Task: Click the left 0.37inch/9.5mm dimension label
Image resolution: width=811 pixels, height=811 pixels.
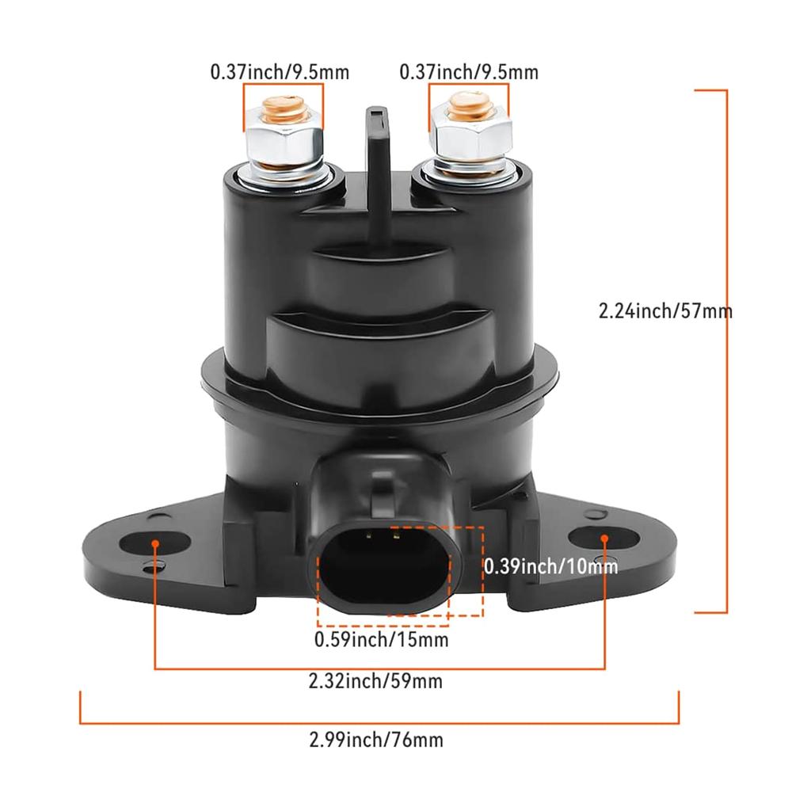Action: (279, 73)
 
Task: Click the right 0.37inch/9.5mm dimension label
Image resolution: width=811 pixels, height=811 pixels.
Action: (468, 73)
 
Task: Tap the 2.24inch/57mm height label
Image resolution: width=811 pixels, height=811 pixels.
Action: (664, 311)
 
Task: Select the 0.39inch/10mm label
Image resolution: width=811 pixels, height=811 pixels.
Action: (550, 565)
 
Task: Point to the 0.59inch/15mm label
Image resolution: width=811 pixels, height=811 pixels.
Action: (381, 638)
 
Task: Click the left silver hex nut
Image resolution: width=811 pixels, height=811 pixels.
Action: (283, 143)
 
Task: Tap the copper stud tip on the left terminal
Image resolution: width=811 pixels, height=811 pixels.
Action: (284, 108)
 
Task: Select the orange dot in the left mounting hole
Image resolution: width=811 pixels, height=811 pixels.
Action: (156, 544)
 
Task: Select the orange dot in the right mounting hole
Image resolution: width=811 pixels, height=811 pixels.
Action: (604, 539)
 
